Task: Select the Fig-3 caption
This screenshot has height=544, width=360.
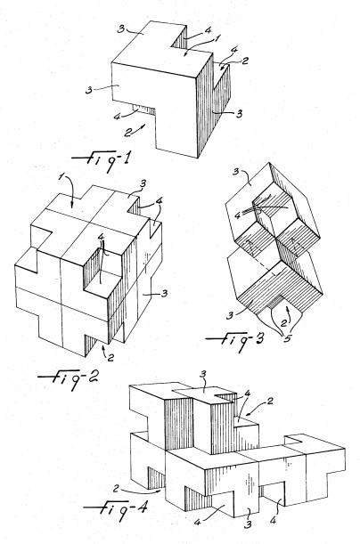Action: point(234,340)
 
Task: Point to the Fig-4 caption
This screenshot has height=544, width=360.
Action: point(116,509)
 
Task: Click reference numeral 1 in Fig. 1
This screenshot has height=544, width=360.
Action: point(217,37)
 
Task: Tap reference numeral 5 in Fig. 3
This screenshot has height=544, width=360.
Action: point(287,338)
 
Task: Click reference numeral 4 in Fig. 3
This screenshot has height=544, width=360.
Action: point(238,215)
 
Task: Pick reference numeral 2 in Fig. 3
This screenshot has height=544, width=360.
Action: point(284,323)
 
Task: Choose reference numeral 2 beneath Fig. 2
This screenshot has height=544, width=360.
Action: point(110,357)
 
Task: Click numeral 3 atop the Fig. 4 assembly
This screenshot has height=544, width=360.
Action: point(204,374)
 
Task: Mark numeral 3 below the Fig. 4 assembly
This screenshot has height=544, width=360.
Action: point(247,524)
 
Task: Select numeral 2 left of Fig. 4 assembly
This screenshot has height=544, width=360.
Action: point(117,489)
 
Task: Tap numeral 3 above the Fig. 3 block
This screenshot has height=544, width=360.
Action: point(236,172)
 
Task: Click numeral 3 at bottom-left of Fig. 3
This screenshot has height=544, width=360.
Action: point(230,316)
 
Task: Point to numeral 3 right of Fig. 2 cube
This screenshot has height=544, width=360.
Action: point(164,294)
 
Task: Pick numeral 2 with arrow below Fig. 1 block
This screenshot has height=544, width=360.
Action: point(128,132)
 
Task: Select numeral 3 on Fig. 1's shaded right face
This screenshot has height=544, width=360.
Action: point(239,113)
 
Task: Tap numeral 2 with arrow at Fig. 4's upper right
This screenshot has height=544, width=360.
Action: point(269,402)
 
